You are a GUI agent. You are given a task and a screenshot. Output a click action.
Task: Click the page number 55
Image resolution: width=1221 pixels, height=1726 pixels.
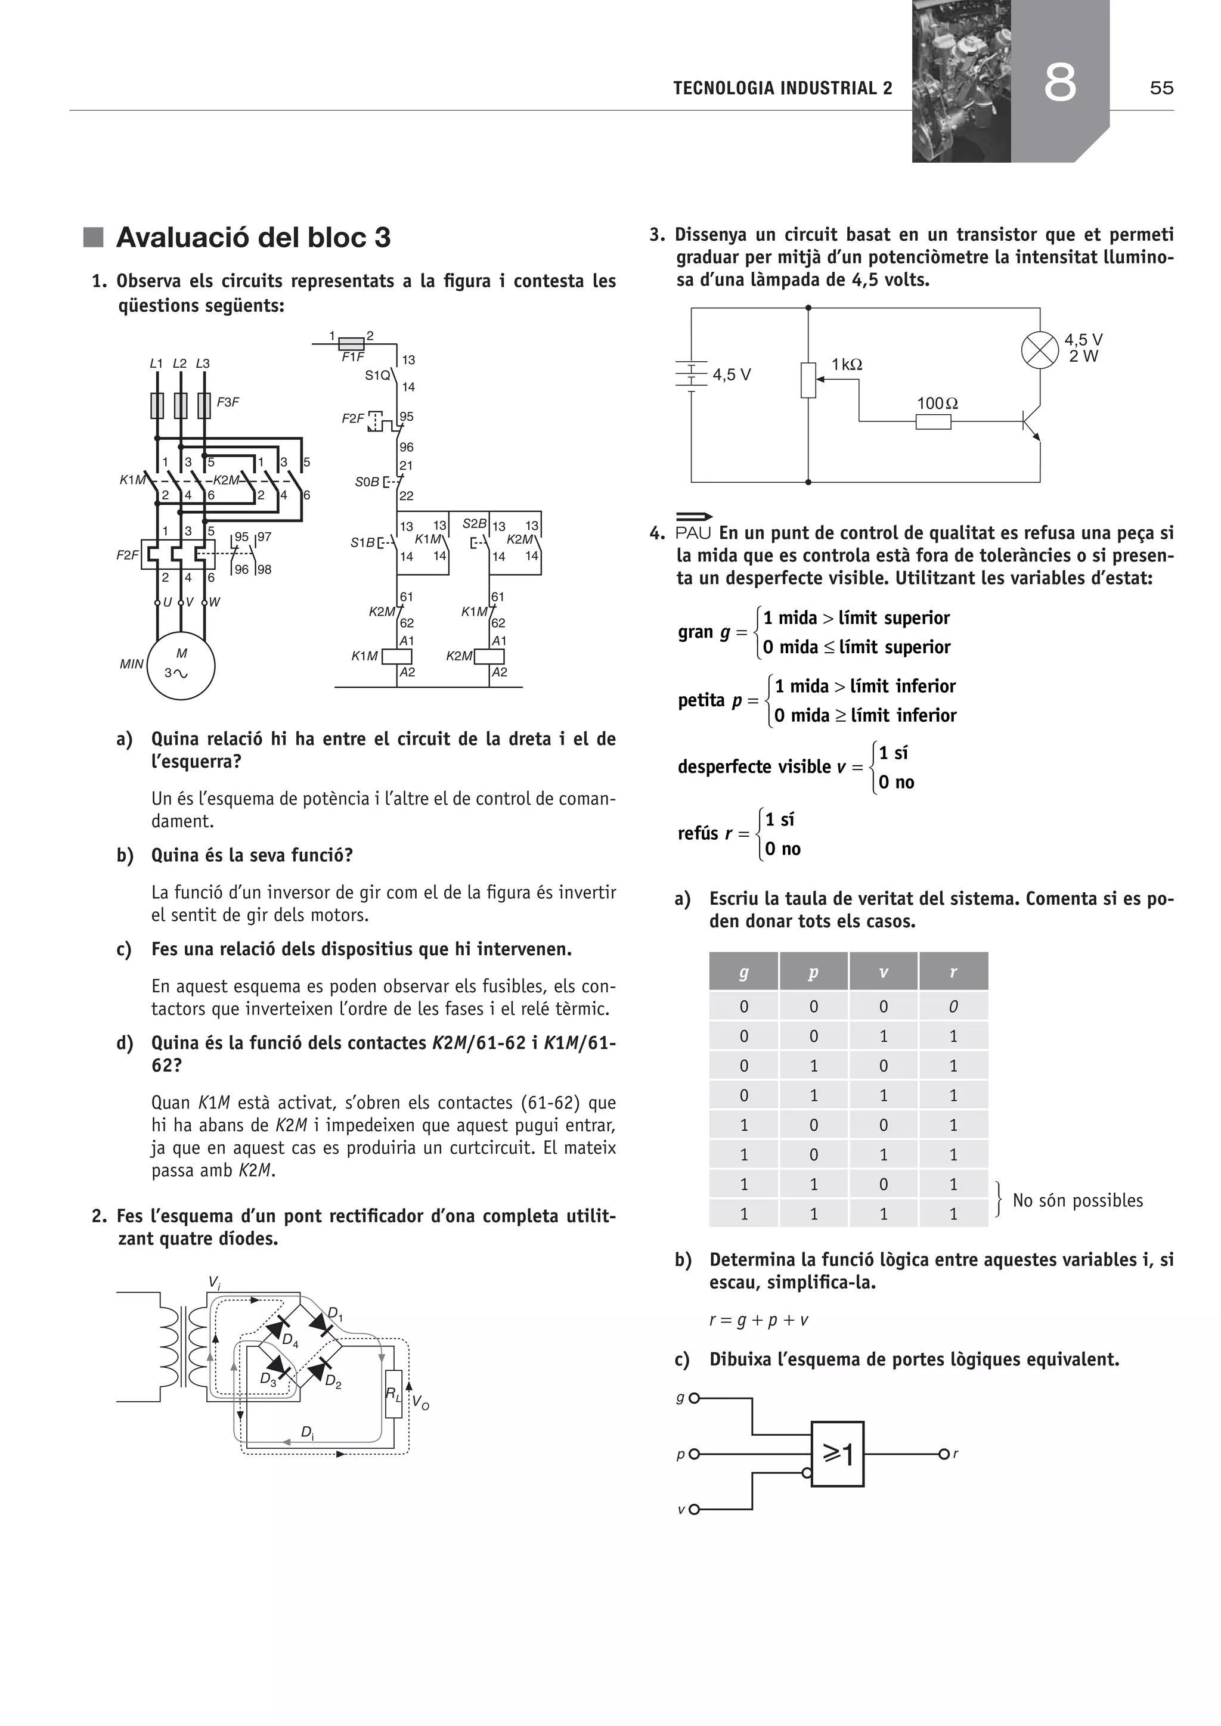(x=1161, y=88)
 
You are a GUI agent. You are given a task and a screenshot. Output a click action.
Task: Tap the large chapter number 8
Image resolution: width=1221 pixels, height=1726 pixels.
(x=1059, y=83)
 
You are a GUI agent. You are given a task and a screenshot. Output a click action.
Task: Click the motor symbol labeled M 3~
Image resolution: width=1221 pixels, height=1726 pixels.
(x=181, y=665)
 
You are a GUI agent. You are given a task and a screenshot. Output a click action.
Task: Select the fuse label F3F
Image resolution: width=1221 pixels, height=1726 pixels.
(x=228, y=402)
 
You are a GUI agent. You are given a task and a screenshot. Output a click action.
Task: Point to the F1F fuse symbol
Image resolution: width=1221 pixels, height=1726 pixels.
(x=351, y=343)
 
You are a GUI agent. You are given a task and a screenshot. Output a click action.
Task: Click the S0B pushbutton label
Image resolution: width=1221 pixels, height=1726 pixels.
(x=367, y=482)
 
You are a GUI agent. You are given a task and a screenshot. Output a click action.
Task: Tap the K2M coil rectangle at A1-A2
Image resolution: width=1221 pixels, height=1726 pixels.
(x=489, y=656)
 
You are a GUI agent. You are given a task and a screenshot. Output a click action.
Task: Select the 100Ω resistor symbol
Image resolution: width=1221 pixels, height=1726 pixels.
(x=933, y=422)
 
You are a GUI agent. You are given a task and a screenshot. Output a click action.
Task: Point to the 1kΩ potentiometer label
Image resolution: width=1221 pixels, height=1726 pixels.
(x=847, y=365)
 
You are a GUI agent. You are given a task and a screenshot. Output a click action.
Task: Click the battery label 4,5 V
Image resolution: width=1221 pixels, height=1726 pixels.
(x=732, y=374)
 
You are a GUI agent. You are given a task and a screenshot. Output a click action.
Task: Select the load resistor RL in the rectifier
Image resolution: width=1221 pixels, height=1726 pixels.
(x=393, y=1393)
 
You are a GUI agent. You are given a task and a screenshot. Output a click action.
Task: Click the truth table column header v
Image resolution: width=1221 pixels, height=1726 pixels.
(x=884, y=972)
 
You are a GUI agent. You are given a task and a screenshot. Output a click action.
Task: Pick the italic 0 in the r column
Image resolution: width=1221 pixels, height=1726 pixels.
(x=953, y=1007)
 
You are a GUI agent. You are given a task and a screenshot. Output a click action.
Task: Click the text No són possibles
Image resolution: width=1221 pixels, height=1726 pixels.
(x=1077, y=1200)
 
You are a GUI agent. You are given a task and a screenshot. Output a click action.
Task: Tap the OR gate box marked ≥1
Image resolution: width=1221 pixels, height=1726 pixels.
(x=837, y=1454)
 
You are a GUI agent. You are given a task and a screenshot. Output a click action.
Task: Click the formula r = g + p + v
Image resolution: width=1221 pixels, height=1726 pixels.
(x=758, y=1320)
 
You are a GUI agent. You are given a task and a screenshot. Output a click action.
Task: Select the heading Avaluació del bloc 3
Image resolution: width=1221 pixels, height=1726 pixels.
(x=253, y=238)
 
